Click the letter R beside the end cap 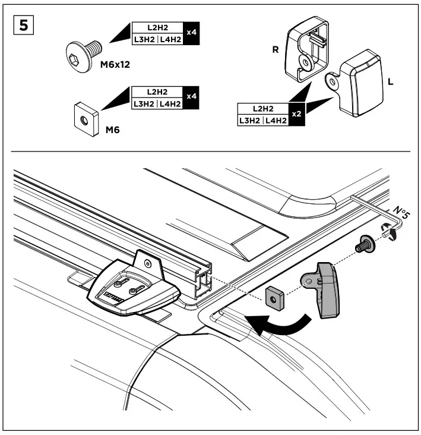pyautogui.click(x=275, y=51)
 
